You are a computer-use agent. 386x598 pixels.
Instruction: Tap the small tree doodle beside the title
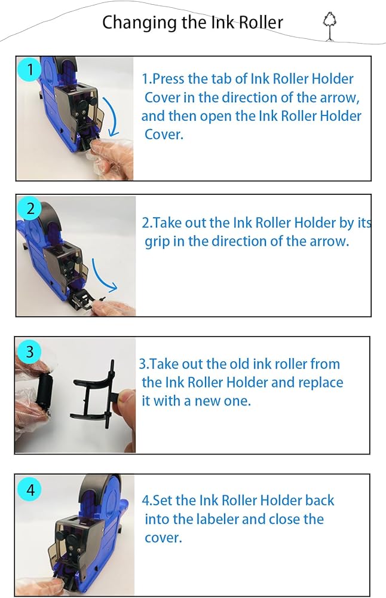coord(329,26)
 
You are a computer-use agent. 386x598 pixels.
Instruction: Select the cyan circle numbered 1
coord(30,69)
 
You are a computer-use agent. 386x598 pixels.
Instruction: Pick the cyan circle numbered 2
coord(30,208)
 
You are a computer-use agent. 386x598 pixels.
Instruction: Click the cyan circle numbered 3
coord(29,351)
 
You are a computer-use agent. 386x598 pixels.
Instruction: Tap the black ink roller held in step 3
coord(42,392)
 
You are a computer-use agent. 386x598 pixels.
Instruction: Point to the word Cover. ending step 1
coord(164,134)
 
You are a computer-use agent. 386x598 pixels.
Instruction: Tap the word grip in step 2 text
coord(157,242)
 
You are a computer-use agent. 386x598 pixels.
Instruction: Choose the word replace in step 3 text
coord(320,383)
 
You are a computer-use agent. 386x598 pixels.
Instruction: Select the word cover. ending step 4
coord(163,538)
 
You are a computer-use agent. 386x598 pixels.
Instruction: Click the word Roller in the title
coord(261,22)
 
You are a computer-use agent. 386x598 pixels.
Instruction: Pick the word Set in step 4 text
coord(164,501)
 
